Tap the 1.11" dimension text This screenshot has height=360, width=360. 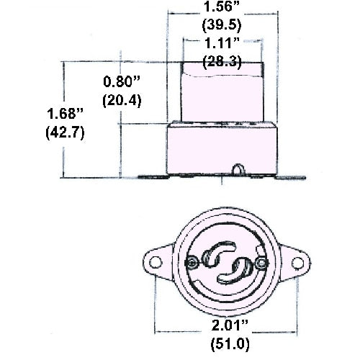click(222, 43)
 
